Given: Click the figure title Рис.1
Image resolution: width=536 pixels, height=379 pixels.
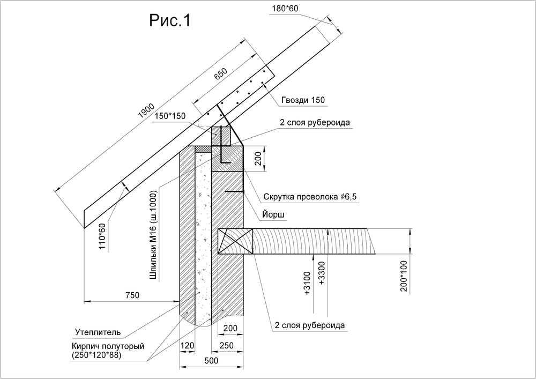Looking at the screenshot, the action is (170, 21).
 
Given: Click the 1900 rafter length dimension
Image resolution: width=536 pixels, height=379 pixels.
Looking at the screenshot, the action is (146, 110).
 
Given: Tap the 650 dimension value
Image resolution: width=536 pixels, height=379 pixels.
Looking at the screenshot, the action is (220, 75).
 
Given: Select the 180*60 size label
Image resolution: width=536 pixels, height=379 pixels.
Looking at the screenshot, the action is (285, 9).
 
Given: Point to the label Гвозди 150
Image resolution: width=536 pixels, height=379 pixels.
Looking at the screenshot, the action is (303, 100).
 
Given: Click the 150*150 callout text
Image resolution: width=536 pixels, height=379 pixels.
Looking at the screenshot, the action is (170, 116).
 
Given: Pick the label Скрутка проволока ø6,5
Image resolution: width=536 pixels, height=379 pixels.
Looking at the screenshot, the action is (310, 197).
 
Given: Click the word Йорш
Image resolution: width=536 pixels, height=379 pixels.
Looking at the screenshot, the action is (273, 215).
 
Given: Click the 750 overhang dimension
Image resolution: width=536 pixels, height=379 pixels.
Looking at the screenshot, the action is (132, 295).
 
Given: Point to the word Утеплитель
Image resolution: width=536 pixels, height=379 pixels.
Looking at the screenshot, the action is (98, 332).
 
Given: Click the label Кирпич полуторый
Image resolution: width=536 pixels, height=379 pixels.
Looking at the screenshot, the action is (108, 346).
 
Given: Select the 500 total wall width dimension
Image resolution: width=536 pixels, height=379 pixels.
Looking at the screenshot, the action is (211, 361).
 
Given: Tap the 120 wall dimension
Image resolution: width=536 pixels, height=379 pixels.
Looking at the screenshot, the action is (187, 346).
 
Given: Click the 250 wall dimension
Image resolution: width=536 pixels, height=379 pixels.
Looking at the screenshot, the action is (227, 346).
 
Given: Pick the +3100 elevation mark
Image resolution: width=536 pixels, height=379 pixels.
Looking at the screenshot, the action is (307, 283).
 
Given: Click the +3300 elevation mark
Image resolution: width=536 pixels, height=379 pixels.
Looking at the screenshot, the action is (321, 273).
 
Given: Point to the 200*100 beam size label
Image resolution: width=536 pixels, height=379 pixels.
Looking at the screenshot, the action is (404, 276).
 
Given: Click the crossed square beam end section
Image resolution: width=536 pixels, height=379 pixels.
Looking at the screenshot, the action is (235, 241).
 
